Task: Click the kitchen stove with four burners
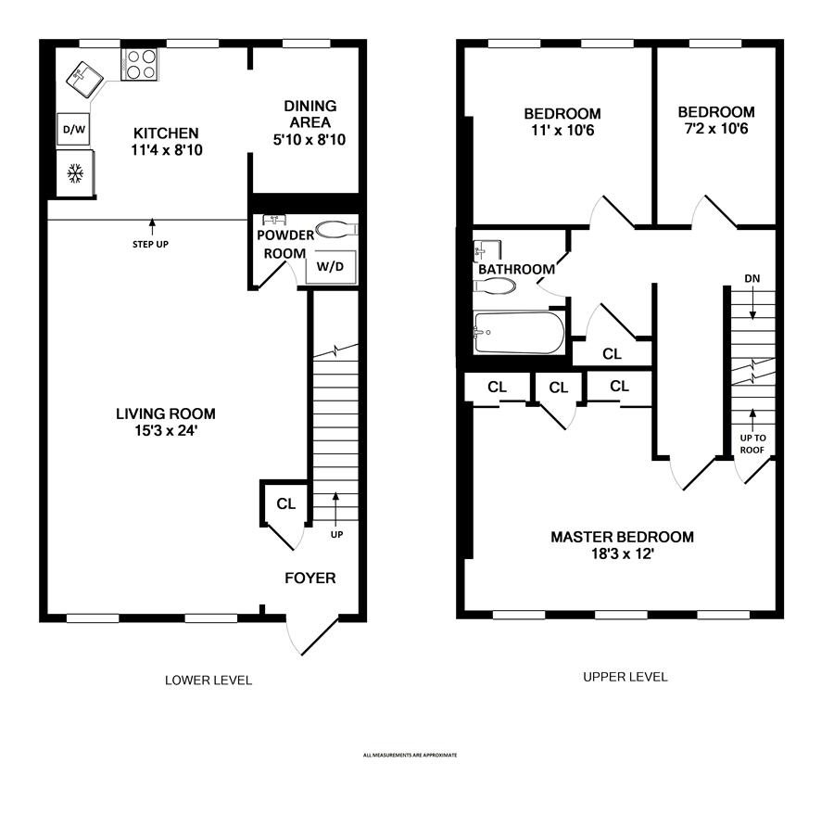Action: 139,64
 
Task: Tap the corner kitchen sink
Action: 85,80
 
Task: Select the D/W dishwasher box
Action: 73,129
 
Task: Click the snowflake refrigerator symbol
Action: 75,173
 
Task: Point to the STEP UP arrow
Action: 152,227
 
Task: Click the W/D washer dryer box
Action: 330,266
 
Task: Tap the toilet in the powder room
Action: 336,230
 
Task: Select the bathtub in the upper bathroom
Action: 519,333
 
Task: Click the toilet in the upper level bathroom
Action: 495,286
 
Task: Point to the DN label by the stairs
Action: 752,278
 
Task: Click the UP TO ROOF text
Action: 752,444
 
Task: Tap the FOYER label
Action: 310,578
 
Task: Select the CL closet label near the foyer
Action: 286,503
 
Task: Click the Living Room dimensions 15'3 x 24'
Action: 166,430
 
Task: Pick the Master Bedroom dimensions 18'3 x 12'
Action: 623,554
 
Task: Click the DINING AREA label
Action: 310,114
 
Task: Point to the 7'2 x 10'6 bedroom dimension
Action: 716,129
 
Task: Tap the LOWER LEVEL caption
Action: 208,681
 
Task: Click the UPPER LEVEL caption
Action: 625,677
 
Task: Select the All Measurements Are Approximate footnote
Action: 411,756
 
